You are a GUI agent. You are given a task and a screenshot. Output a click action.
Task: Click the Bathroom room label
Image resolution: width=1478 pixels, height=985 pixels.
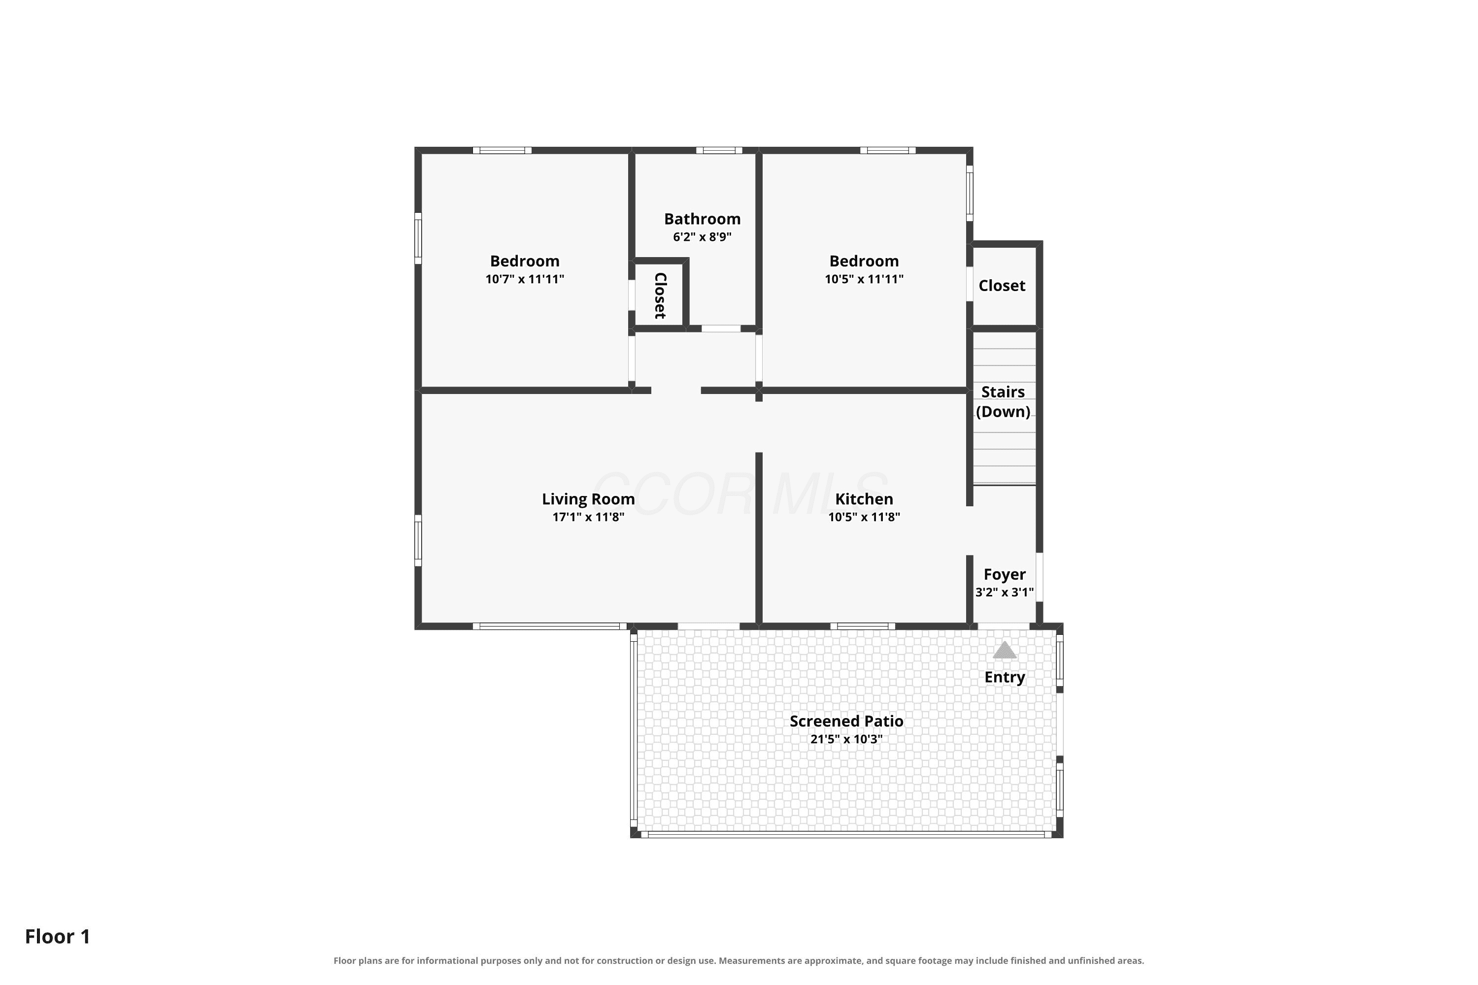702,219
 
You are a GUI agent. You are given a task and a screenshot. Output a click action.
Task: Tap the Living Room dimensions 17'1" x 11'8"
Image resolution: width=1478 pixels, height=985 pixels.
588,517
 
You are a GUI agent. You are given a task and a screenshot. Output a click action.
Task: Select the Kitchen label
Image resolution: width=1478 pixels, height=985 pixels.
864,499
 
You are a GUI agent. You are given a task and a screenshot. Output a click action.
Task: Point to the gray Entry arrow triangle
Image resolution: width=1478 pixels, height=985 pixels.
1004,650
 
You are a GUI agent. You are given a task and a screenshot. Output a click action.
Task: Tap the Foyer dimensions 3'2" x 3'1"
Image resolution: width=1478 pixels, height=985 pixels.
1004,592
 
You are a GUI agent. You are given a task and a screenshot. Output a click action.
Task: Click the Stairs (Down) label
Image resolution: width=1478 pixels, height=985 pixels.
1003,401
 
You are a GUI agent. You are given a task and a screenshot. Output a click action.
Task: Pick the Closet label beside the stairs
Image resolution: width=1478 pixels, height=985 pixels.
1002,286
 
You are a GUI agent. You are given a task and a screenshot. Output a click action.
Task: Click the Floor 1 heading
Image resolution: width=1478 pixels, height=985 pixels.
58,936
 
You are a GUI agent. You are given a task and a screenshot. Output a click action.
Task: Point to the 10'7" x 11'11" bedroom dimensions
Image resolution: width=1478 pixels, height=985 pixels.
525,279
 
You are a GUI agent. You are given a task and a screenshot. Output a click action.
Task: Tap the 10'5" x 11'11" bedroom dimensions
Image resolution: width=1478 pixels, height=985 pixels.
864,279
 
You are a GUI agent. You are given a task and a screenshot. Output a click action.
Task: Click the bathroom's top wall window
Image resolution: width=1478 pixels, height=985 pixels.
719,150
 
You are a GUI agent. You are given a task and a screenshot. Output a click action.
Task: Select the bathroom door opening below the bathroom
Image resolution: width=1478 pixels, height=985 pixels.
721,328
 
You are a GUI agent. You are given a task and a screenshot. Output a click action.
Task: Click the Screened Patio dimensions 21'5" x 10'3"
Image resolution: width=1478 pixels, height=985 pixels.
846,739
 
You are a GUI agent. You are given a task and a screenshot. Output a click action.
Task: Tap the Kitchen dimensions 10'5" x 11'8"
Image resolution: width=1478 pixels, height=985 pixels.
864,517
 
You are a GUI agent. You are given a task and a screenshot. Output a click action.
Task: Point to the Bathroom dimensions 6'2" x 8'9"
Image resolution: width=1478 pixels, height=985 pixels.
702,237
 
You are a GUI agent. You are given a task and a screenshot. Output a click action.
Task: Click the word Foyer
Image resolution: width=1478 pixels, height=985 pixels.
1004,575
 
